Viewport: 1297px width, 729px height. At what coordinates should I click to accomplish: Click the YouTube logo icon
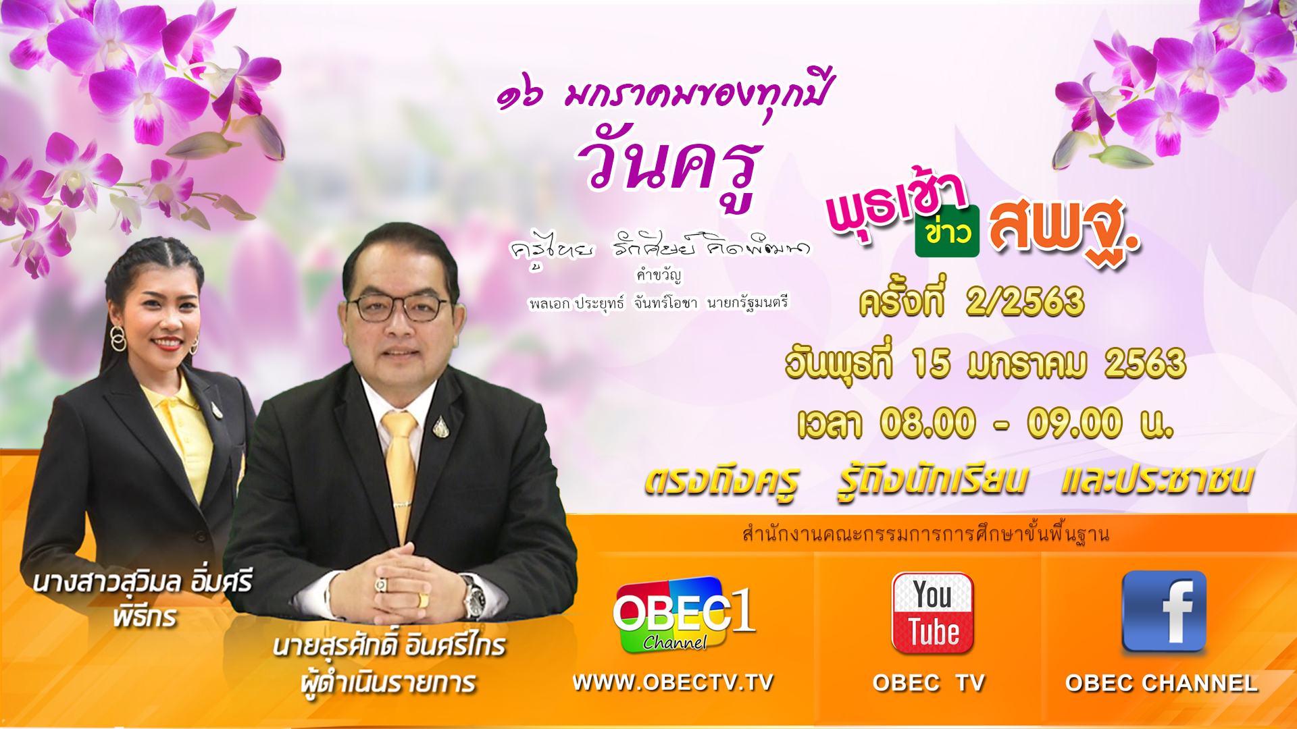click(933, 613)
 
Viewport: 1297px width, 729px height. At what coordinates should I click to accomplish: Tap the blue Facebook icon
click(1164, 612)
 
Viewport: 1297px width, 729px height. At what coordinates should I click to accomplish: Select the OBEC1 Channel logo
click(684, 615)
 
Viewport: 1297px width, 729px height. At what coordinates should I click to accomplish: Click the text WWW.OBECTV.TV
click(673, 682)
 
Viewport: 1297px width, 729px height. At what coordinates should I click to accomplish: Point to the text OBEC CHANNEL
click(1161, 683)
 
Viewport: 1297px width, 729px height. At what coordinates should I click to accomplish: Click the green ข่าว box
click(947, 232)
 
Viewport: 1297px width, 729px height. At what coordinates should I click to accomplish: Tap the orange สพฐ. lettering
click(1065, 230)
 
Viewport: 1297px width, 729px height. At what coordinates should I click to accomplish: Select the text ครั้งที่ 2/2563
click(971, 300)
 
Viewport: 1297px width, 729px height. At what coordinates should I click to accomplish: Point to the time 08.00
click(928, 423)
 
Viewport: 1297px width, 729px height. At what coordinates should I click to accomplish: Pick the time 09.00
click(1075, 423)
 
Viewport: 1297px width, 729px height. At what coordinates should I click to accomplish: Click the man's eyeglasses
click(399, 307)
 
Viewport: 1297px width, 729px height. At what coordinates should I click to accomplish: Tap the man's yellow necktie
click(401, 473)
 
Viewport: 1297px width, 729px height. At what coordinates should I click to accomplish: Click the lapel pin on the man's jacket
click(441, 427)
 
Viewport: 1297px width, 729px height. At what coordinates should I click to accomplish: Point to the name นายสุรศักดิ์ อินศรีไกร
click(390, 646)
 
